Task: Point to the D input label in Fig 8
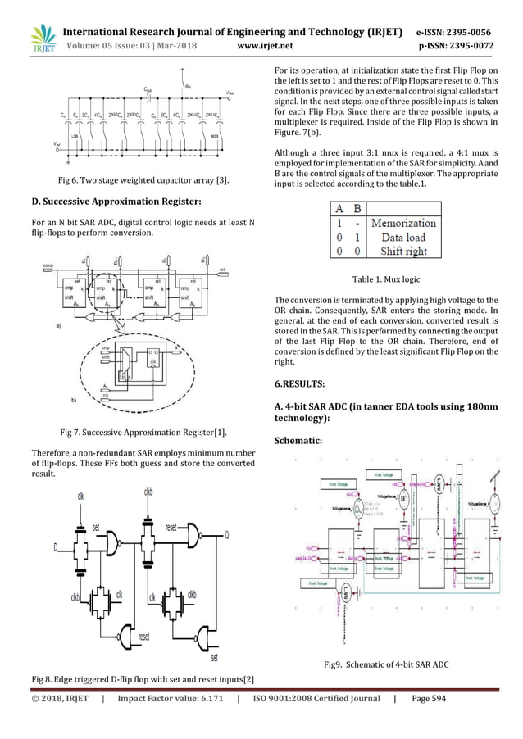coord(56,546)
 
